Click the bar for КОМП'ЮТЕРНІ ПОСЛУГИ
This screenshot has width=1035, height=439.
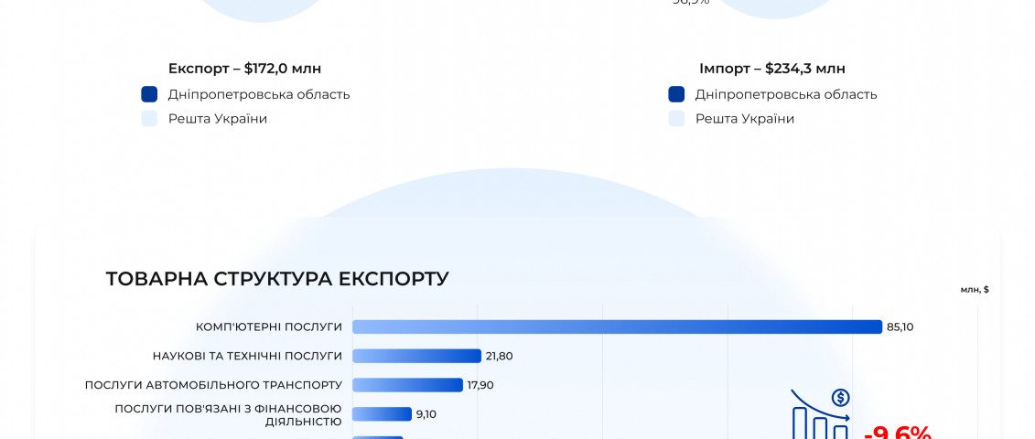[617, 327]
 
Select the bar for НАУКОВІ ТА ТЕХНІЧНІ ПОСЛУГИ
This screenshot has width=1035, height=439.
[416, 356]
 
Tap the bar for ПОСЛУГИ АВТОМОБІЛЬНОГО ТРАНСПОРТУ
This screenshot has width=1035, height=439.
[407, 385]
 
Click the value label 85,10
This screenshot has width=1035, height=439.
[900, 327]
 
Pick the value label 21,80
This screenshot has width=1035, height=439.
[499, 356]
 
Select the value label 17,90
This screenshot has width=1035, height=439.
[480, 385]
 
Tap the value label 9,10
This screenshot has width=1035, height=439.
[426, 414]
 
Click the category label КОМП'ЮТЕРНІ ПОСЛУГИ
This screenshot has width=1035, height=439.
[269, 327]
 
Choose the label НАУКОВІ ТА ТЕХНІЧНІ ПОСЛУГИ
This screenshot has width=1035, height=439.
[247, 356]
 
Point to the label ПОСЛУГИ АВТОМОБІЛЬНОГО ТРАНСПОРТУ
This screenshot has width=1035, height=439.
[213, 385]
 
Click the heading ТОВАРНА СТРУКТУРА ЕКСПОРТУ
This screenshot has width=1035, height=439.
[277, 279]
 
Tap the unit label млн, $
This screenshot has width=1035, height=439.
[975, 289]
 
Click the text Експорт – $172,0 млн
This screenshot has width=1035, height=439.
[244, 69]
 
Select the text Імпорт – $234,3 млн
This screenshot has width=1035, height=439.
[771, 69]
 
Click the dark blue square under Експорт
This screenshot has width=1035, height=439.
[150, 94]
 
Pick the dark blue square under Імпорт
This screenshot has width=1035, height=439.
[677, 94]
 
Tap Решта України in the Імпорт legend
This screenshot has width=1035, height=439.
[744, 119]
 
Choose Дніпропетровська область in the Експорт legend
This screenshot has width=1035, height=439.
[258, 94]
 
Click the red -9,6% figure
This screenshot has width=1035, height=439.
[897, 432]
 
